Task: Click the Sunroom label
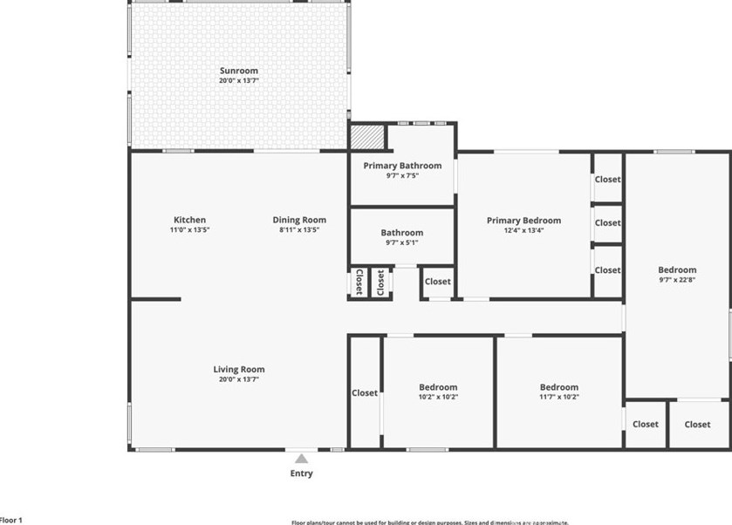click(238, 70)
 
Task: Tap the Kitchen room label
click(189, 220)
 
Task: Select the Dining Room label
click(299, 220)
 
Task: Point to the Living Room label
click(238, 369)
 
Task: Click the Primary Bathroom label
click(402, 165)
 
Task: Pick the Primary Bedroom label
click(523, 221)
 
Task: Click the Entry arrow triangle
click(301, 458)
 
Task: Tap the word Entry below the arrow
click(301, 474)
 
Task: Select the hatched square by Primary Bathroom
click(367, 137)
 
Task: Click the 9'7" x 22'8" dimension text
click(677, 280)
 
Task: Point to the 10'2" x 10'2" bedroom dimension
click(438, 397)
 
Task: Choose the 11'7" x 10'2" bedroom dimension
click(558, 397)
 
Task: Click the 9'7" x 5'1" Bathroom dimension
click(402, 242)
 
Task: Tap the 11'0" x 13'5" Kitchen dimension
click(189, 229)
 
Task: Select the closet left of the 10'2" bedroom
click(365, 393)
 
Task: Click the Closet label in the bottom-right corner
click(697, 425)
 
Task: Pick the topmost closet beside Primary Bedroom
click(608, 180)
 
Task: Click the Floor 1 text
click(10, 520)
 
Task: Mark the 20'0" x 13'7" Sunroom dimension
click(238, 80)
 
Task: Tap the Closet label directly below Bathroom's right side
click(438, 281)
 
